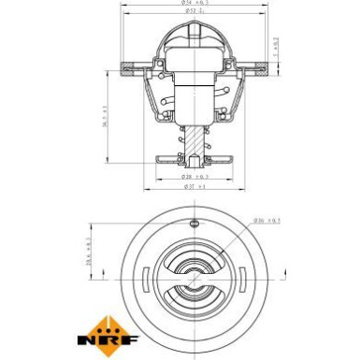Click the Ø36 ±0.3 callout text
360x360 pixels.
coord(267,221)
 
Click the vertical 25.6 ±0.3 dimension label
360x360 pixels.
coord(88,253)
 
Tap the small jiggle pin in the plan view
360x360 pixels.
coord(194,223)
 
